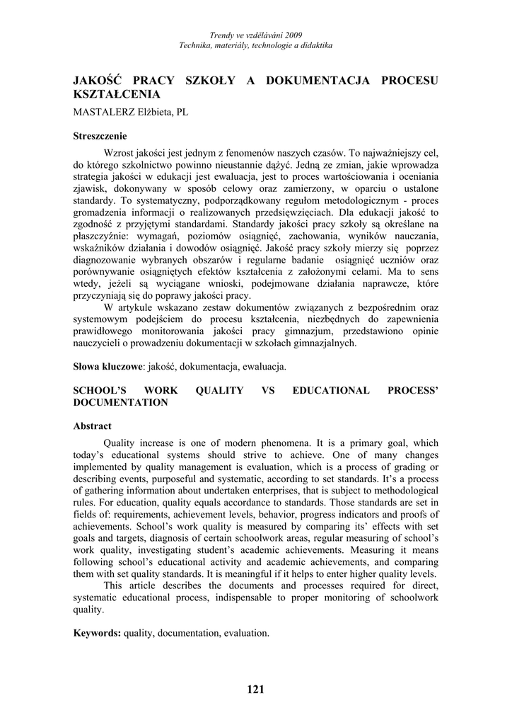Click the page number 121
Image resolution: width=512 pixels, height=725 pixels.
coord(256,690)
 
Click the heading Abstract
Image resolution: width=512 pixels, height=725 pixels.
coord(93,426)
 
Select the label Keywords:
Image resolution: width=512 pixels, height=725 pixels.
coord(98,633)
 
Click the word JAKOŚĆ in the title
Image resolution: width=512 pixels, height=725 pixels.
coord(97,80)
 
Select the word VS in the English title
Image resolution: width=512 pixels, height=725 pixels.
coord(268,390)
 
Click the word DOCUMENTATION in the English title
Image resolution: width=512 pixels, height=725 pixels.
coord(121,402)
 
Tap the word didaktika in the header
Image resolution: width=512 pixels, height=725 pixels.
coord(315,45)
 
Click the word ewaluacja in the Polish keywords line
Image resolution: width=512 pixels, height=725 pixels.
coord(262,367)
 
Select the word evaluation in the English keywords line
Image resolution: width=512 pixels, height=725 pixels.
coord(245,633)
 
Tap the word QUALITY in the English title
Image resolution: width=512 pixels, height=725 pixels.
coord(219,390)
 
